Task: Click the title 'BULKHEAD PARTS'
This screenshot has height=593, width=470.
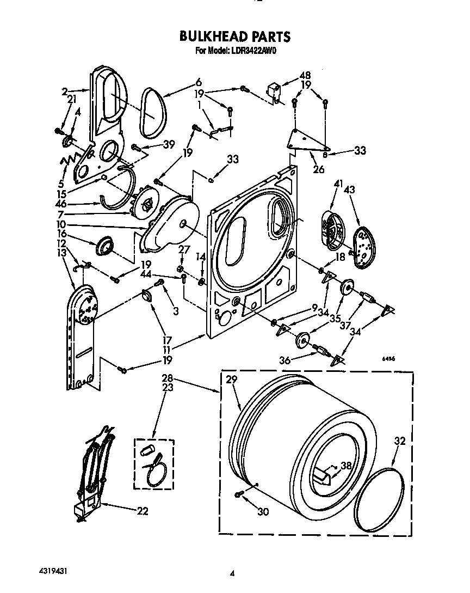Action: [235, 37]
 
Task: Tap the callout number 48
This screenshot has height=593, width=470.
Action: [305, 76]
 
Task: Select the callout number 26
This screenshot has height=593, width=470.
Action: [319, 169]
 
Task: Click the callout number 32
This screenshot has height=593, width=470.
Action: [399, 442]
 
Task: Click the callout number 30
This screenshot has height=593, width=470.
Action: [264, 511]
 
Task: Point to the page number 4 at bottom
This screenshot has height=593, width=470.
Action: [232, 573]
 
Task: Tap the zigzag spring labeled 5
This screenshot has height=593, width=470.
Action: [69, 162]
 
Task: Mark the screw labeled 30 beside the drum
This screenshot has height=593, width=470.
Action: [239, 494]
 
